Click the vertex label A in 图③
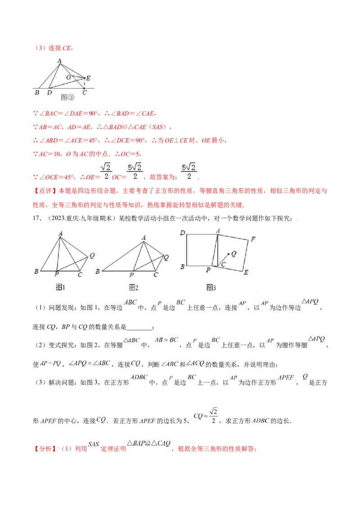59,60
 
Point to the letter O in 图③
68,77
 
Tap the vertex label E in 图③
88,78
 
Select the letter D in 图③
49,93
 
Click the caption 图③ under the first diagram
67,97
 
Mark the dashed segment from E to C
85,83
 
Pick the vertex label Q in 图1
92,256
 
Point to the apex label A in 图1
60,233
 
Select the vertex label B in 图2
98,272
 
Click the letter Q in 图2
166,258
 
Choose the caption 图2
133,288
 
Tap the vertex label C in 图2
156,274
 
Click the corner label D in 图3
183,232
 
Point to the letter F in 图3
253,239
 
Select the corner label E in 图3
246,272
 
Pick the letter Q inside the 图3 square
233,254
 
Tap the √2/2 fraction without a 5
106,171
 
